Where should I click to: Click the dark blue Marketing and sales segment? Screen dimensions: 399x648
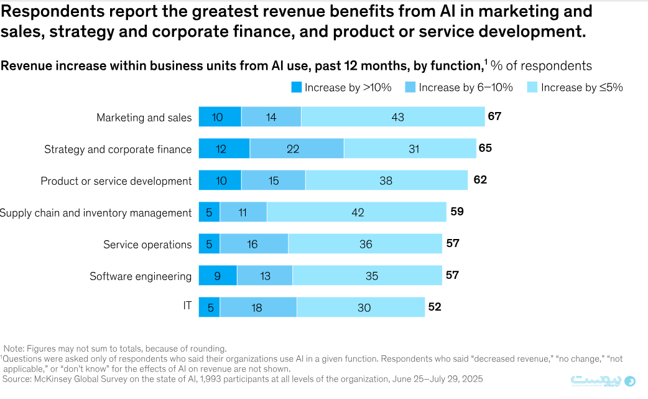tap(220, 117)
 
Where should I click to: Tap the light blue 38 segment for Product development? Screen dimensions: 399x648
tap(386, 181)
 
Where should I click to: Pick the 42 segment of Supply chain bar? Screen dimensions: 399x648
tap(357, 212)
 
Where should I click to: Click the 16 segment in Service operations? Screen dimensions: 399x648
tap(254, 244)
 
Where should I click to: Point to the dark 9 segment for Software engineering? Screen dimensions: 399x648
tap(218, 276)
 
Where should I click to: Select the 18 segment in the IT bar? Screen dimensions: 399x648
tap(258, 307)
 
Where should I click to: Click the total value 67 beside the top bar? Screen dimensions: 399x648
tap(494, 116)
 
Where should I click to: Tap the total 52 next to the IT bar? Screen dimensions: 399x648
tap(435, 307)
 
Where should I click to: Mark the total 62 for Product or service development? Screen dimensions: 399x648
tap(479, 180)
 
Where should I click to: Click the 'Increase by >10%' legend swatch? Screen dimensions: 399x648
tap(296, 88)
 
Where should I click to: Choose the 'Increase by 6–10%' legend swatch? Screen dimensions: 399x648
tap(410, 88)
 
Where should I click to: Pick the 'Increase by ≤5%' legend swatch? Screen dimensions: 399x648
tap(532, 88)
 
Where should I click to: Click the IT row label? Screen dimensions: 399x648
tap(187, 306)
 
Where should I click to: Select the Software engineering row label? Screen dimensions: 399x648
tap(141, 276)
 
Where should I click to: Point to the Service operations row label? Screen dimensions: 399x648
tap(147, 245)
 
